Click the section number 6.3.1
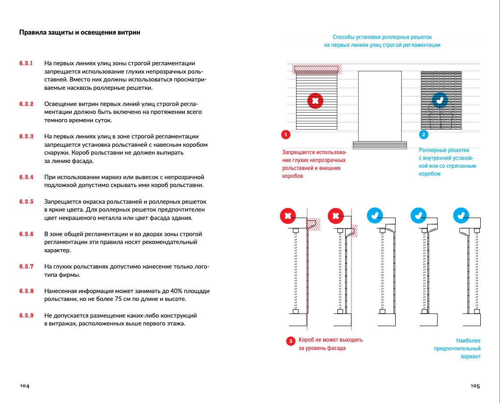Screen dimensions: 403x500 point(26,63)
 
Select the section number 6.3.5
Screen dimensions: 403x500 point(26,201)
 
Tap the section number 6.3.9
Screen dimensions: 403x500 point(26,315)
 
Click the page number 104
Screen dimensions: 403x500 point(25,386)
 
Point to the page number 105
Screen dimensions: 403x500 point(475,386)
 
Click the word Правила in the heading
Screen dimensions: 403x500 point(31,32)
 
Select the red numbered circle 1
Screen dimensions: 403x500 point(286,134)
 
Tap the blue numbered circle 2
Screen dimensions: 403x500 point(424,134)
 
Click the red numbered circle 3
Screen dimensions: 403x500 point(290,341)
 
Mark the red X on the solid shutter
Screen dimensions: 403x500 point(315,101)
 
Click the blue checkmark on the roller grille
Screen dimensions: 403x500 point(440,100)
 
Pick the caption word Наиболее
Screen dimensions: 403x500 point(468,340)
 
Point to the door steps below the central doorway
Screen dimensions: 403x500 point(379,145)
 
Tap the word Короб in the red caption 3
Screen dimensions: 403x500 point(306,340)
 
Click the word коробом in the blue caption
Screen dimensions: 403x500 point(429,174)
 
